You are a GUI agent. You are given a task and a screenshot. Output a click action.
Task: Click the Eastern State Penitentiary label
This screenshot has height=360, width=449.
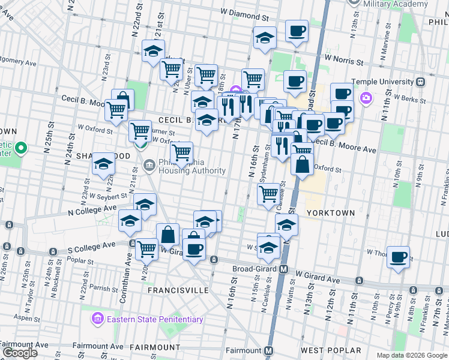coord(154,319)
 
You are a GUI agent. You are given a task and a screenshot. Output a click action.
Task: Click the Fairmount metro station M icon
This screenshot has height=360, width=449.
coord(269,350)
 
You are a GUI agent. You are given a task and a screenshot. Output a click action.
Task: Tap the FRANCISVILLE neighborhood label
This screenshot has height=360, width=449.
coord(178,290)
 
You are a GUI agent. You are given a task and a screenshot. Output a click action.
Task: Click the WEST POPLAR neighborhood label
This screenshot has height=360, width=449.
coord(331,350)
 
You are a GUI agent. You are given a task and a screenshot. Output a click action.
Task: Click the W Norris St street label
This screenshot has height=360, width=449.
coord(344,61)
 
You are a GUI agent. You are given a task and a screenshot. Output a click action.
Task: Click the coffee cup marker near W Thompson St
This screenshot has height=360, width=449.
coord(399,257)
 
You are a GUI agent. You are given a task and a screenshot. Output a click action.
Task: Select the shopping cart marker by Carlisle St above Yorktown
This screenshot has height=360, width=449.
coord(268,193)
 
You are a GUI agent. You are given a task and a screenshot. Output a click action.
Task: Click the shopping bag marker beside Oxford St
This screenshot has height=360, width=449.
coord(303,163)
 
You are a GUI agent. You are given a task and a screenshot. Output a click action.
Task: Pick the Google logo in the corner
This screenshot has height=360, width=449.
coord(19,352)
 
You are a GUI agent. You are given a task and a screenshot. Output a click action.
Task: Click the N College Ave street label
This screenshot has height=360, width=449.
coord(92,209)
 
